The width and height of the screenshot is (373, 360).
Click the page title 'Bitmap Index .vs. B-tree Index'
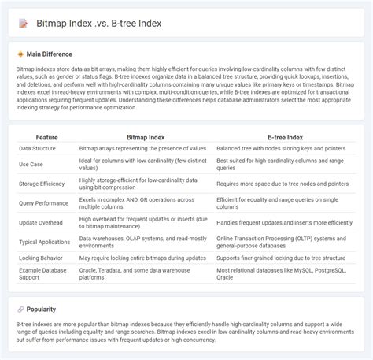coord(98,24)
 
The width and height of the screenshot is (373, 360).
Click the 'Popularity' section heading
coord(42,310)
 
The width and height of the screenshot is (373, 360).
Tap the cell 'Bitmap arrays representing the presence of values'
coord(143,148)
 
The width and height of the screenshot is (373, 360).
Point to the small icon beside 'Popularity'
coord(20,310)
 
